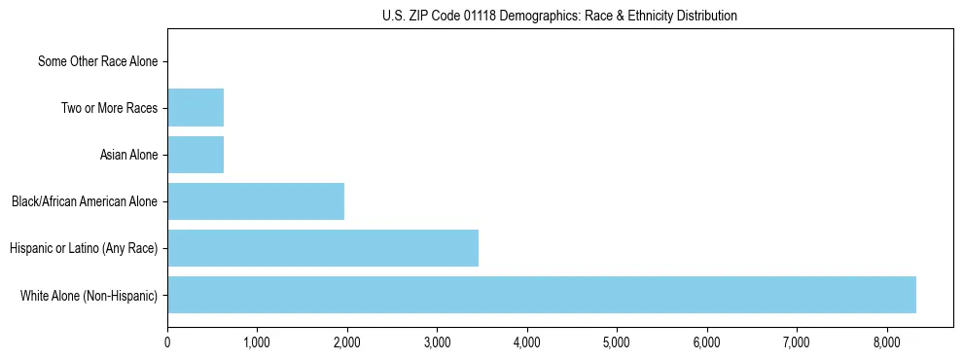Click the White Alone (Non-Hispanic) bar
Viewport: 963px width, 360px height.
[542, 295]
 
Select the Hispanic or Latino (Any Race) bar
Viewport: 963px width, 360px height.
[323, 248]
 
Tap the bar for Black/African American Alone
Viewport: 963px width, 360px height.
[256, 201]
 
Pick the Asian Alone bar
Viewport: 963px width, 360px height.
[196, 155]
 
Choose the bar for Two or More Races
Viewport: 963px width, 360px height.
[196, 108]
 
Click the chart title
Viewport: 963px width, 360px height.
[559, 16]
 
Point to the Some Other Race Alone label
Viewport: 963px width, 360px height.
[97, 61]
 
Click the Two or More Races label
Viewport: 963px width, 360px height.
[109, 108]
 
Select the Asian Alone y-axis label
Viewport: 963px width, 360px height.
[128, 155]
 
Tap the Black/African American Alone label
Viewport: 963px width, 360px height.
[85, 201]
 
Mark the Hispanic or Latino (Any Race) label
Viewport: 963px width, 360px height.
[84, 248]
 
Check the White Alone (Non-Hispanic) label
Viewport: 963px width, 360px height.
[89, 295]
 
